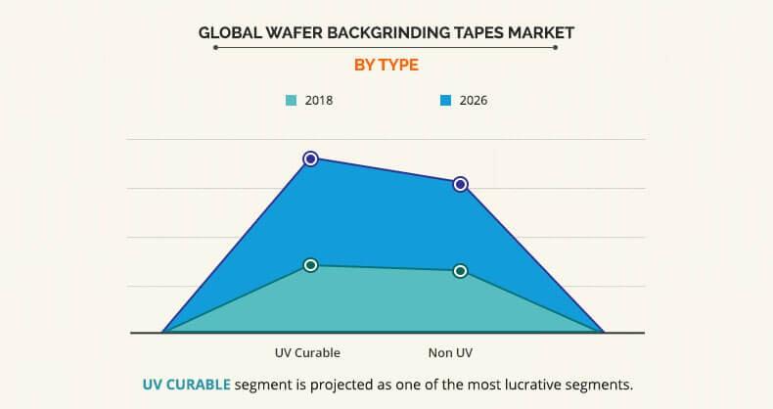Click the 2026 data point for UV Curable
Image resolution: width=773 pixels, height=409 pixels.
[310, 158]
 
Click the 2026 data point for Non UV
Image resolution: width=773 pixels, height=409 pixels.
[460, 184]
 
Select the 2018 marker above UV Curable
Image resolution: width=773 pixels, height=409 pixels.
[310, 265]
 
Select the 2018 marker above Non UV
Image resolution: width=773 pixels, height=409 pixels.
[460, 271]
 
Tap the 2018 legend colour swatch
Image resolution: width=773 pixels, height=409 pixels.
[291, 100]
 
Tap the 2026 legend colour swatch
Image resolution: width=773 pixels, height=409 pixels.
[445, 100]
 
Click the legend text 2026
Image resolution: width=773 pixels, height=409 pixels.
[473, 100]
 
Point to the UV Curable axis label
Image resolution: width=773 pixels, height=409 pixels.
[307, 351]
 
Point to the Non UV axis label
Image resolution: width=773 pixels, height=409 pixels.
[450, 351]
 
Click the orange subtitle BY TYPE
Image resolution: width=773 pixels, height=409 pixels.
[385, 65]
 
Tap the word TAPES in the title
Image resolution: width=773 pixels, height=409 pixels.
[478, 32]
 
